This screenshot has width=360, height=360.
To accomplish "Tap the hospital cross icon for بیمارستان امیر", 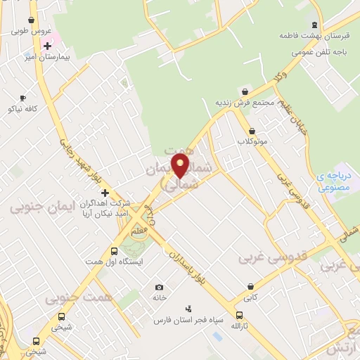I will [47, 46].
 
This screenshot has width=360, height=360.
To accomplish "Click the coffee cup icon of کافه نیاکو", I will [22, 98].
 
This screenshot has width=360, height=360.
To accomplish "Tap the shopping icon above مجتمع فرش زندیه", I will [244, 91].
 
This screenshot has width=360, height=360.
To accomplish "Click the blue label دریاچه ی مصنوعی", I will [333, 182].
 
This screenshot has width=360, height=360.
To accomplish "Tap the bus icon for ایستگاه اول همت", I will [115, 251].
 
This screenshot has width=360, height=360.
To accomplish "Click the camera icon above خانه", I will [160, 287].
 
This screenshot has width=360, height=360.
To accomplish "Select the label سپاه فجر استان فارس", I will [188, 320].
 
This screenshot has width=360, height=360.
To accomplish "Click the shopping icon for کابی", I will [251, 285].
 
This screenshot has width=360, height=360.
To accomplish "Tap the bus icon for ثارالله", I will [240, 316].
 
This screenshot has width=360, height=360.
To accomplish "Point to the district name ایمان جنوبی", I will [37, 207].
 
